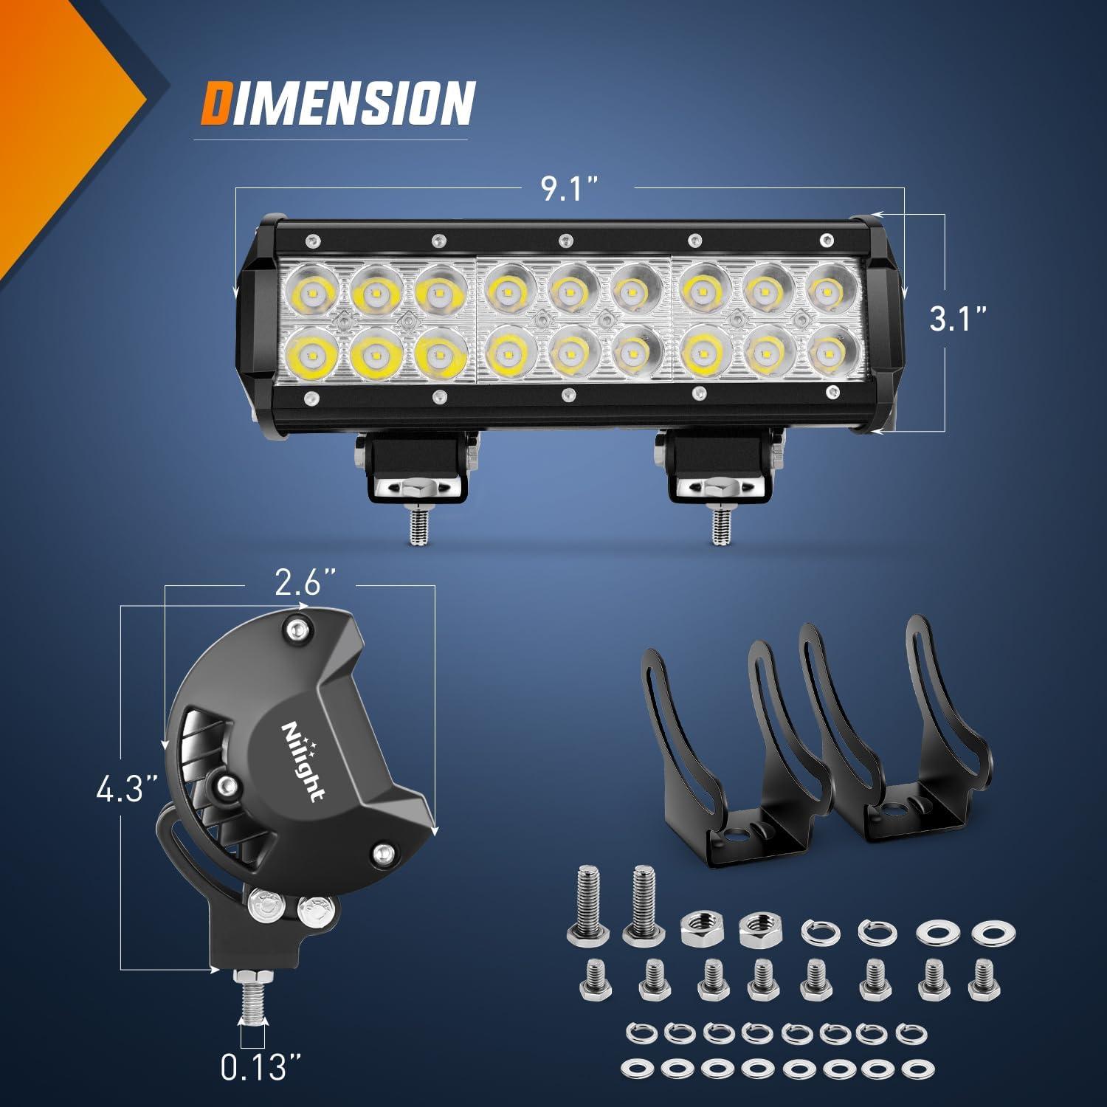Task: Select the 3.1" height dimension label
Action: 957,319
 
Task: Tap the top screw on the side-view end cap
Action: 297,629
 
